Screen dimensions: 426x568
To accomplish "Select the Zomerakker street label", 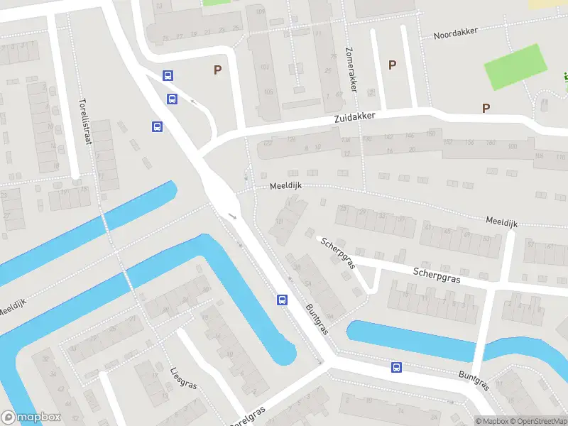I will coord(349,70).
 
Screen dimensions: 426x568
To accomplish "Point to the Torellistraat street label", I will coord(86,121).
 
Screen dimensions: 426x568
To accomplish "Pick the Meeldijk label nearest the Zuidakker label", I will coord(286,186).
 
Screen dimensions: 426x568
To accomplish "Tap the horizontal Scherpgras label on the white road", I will coord(437,275).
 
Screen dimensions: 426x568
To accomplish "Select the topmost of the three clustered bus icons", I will coord(168,75).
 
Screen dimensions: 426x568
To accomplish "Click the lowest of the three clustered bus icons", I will coord(157,127).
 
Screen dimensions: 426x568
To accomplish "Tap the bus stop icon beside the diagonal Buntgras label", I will coord(282,300).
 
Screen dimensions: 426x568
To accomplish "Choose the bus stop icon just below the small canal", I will coord(396,367).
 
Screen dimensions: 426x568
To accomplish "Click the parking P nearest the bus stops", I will coord(217,70).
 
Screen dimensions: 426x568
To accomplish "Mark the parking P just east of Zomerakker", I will coord(391,65).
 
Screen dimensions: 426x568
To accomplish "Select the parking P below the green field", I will coord(486,109).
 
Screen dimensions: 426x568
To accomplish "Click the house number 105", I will coord(268,92).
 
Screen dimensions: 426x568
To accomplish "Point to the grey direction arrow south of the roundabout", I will coord(232,216).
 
